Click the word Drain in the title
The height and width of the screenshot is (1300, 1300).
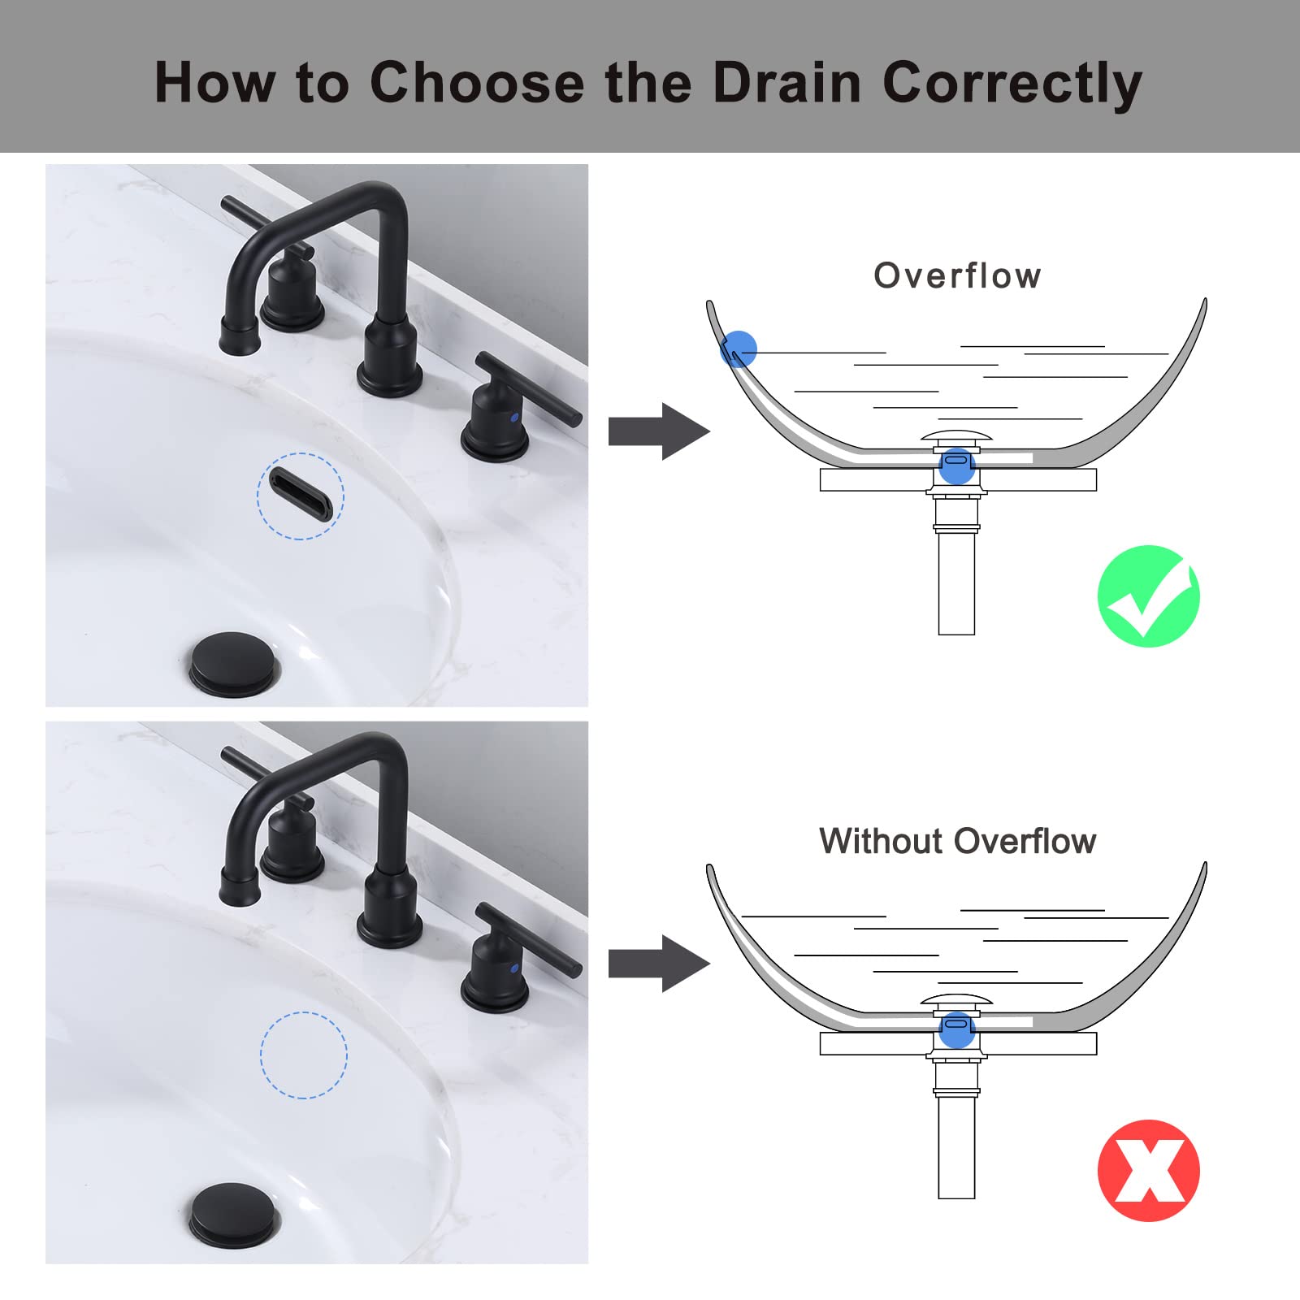click(786, 82)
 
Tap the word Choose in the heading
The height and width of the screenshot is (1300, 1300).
click(477, 82)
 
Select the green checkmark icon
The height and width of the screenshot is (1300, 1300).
click(1148, 596)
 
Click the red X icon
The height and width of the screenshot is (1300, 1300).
click(1148, 1170)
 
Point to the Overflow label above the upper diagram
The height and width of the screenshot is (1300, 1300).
click(957, 276)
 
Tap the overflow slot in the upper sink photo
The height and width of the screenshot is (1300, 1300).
click(301, 495)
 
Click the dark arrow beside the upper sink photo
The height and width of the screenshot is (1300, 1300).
click(659, 431)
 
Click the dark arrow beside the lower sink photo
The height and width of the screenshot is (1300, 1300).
click(659, 963)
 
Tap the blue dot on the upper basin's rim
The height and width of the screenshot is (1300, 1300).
click(739, 349)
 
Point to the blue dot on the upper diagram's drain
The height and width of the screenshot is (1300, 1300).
click(956, 466)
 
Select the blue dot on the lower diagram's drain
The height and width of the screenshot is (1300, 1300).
click(956, 1030)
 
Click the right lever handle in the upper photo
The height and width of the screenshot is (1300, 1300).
click(529, 388)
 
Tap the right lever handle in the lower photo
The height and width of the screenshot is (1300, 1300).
click(529, 939)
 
